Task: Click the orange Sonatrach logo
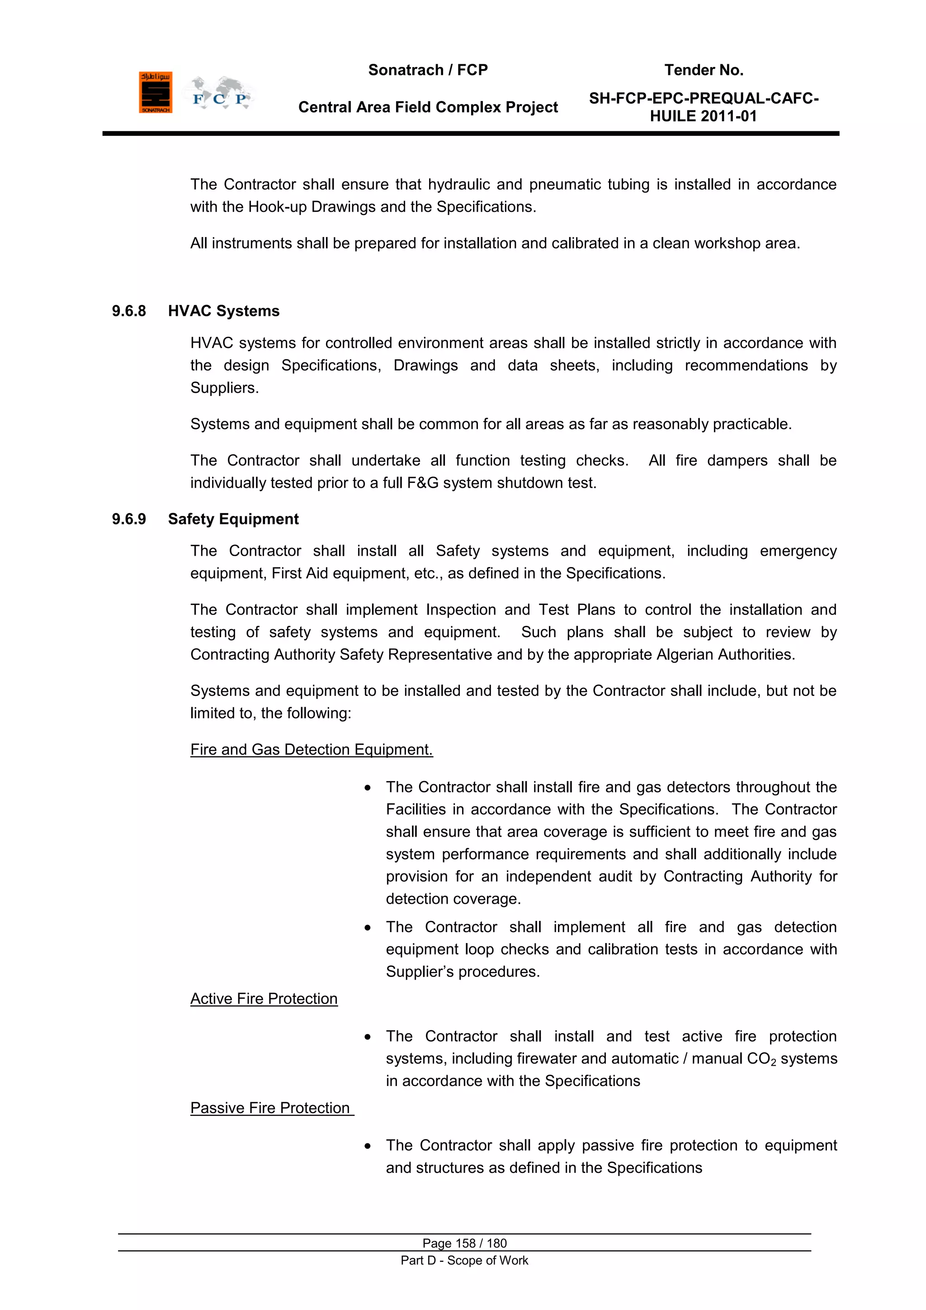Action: point(155,92)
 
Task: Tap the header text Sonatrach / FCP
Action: point(428,70)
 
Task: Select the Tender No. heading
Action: point(703,70)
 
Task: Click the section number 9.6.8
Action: point(129,311)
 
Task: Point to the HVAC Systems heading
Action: point(223,311)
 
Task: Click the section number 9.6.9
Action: point(129,519)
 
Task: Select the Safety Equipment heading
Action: point(233,519)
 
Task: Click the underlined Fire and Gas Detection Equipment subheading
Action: point(312,749)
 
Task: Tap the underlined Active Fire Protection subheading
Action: point(264,999)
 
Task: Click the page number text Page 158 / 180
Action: point(464,1243)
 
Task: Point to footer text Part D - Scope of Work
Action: point(464,1260)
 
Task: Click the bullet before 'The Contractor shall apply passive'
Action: point(368,1146)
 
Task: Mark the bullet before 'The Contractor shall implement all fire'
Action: point(368,927)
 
